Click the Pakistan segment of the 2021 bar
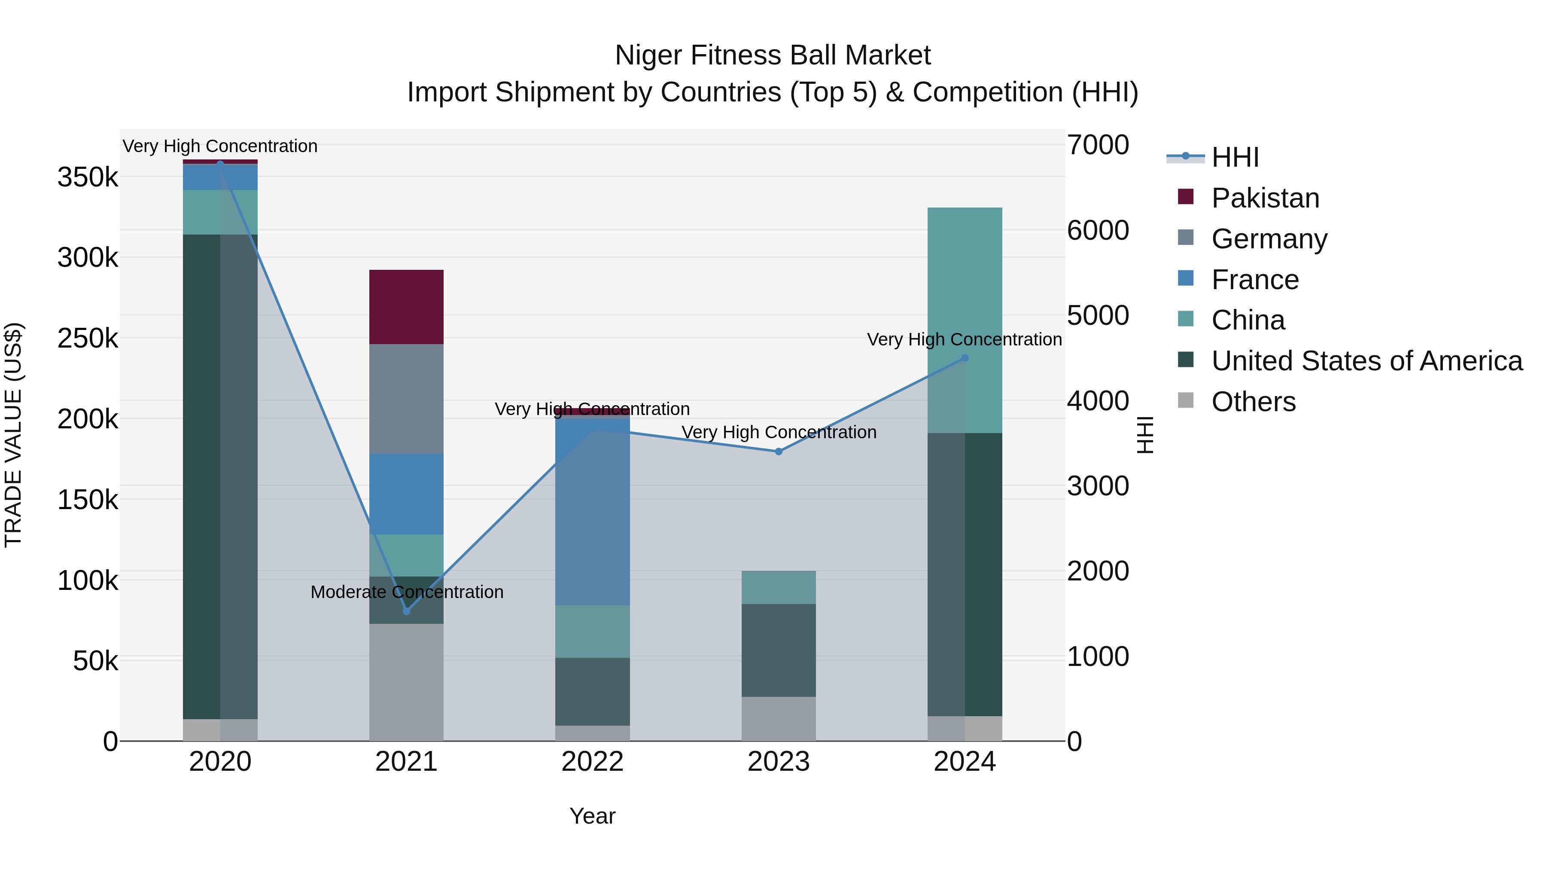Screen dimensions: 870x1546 point(406,307)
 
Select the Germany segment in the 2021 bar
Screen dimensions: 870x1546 point(406,399)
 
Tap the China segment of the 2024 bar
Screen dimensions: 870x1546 point(965,320)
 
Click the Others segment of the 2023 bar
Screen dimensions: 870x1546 point(779,719)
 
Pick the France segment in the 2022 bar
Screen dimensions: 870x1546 point(592,510)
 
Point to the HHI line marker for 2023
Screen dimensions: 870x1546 point(779,452)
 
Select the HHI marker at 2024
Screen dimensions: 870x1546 point(965,358)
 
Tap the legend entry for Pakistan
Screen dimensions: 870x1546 point(1265,198)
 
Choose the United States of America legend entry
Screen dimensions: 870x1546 point(1366,361)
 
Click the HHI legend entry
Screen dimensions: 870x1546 point(1235,157)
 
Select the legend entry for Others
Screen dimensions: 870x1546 point(1253,402)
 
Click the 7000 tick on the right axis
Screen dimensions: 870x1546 point(1098,145)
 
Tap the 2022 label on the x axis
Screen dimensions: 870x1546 point(592,762)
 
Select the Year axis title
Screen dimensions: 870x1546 point(592,816)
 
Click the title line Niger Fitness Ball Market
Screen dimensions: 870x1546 point(773,55)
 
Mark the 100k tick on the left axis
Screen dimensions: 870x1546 point(88,580)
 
